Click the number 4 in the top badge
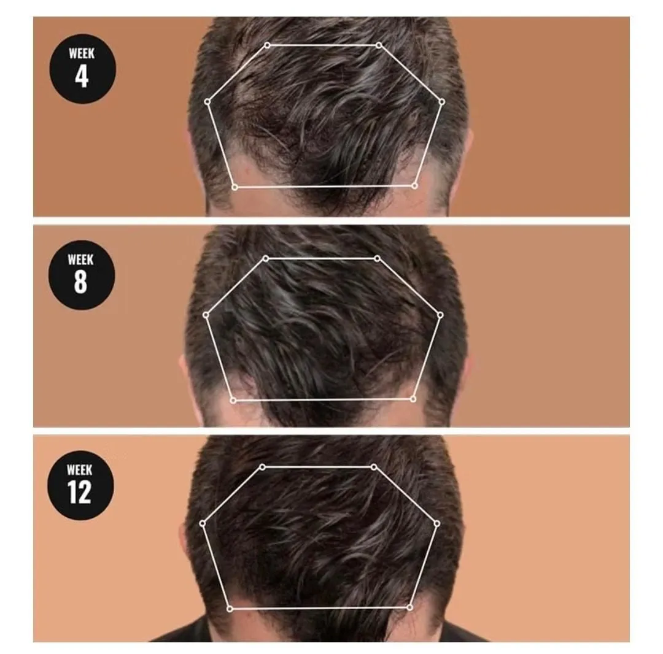(82, 77)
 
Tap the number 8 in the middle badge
(80, 282)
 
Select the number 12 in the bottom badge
(79, 492)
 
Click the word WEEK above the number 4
(82, 53)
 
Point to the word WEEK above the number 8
(81, 259)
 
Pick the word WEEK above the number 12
(79, 469)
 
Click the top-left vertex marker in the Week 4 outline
(267, 45)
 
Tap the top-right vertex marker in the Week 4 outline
(379, 45)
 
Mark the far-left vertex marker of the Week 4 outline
(207, 102)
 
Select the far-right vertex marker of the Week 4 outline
(442, 102)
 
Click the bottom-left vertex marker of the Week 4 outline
(235, 187)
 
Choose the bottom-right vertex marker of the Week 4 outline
(415, 186)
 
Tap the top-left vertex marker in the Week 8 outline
(266, 258)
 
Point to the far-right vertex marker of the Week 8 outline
(440, 315)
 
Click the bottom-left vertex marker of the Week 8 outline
(233, 400)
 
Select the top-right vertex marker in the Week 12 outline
(374, 467)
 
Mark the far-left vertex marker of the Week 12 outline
(203, 524)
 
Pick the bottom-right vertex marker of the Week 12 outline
(409, 607)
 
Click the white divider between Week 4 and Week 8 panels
(331, 221)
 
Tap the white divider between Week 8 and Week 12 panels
(331, 431)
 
